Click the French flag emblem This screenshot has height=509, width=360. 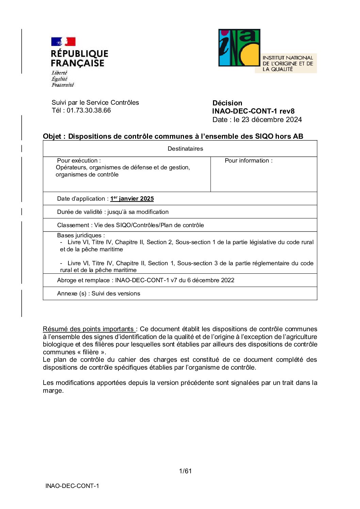click(63, 41)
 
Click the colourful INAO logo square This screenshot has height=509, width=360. click(239, 48)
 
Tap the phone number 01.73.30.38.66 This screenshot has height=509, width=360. click(89, 111)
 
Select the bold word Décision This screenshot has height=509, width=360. click(227, 103)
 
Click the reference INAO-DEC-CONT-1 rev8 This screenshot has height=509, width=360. click(253, 111)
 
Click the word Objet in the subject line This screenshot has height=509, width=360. click(52, 136)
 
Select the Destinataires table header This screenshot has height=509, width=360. click(185, 149)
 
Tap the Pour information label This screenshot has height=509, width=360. click(248, 160)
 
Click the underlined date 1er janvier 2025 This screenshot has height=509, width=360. click(132, 199)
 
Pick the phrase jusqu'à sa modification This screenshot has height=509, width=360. click(138, 212)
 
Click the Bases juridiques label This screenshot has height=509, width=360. click(81, 235)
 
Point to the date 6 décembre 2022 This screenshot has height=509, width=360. click(211, 280)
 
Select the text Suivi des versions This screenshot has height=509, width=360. click(116, 293)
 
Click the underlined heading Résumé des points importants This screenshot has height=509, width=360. click(88, 329)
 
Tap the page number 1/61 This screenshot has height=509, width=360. click(185, 471)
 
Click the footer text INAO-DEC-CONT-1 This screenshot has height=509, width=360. click(72, 486)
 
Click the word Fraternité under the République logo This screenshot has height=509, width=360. click(63, 85)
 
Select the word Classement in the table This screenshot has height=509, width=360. click(73, 225)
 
